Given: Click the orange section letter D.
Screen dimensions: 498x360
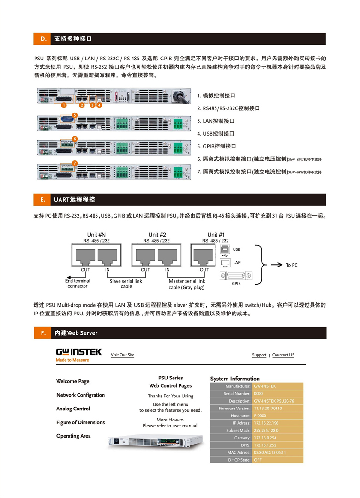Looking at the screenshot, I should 43,39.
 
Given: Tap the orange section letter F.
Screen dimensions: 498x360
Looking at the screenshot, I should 43,333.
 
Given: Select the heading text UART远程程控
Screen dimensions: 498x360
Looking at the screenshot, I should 74,200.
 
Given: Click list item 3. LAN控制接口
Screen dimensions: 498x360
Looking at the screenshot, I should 219,121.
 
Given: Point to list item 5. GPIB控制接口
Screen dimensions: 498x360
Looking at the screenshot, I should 220,146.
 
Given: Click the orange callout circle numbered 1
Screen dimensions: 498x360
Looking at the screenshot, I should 63,105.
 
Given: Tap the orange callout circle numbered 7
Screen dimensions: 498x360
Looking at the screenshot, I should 75,163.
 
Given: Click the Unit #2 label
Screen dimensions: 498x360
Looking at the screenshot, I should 157,235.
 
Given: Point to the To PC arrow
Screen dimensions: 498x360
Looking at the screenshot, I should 276,265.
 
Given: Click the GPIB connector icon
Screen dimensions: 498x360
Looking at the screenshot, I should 236,275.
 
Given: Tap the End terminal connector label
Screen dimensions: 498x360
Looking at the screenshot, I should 78,284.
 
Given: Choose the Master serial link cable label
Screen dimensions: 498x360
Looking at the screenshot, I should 186,284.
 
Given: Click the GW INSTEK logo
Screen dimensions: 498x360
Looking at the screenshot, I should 78,352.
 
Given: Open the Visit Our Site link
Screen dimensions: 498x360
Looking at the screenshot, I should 122,355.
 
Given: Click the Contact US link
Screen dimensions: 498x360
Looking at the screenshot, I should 283,355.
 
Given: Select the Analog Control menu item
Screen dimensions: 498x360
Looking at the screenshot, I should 73,409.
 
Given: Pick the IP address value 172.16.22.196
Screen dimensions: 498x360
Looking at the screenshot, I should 266,423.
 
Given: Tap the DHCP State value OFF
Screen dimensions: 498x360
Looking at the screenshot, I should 258,460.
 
